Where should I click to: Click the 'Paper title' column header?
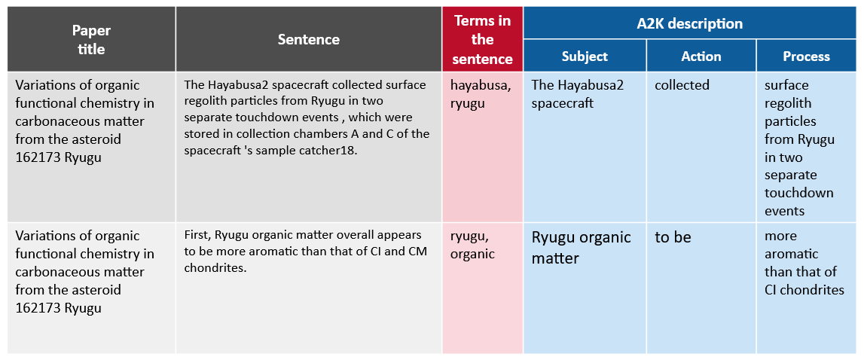click(x=91, y=40)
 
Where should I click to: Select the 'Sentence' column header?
click(x=309, y=39)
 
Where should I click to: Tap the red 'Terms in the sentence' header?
click(x=483, y=40)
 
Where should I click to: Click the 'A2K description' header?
click(x=693, y=23)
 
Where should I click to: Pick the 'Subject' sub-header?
click(x=585, y=56)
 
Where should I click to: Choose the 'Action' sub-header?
click(x=701, y=56)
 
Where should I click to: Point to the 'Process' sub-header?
click(x=806, y=56)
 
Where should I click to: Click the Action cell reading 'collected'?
click(x=682, y=85)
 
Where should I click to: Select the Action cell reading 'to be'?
click(x=673, y=237)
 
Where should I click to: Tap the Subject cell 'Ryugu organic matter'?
click(x=582, y=248)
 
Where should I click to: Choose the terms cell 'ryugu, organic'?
click(x=473, y=245)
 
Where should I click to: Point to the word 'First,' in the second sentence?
click(x=197, y=236)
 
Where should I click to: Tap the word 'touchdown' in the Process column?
click(x=799, y=193)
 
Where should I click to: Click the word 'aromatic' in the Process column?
click(x=791, y=254)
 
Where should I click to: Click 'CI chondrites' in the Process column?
click(x=804, y=290)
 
